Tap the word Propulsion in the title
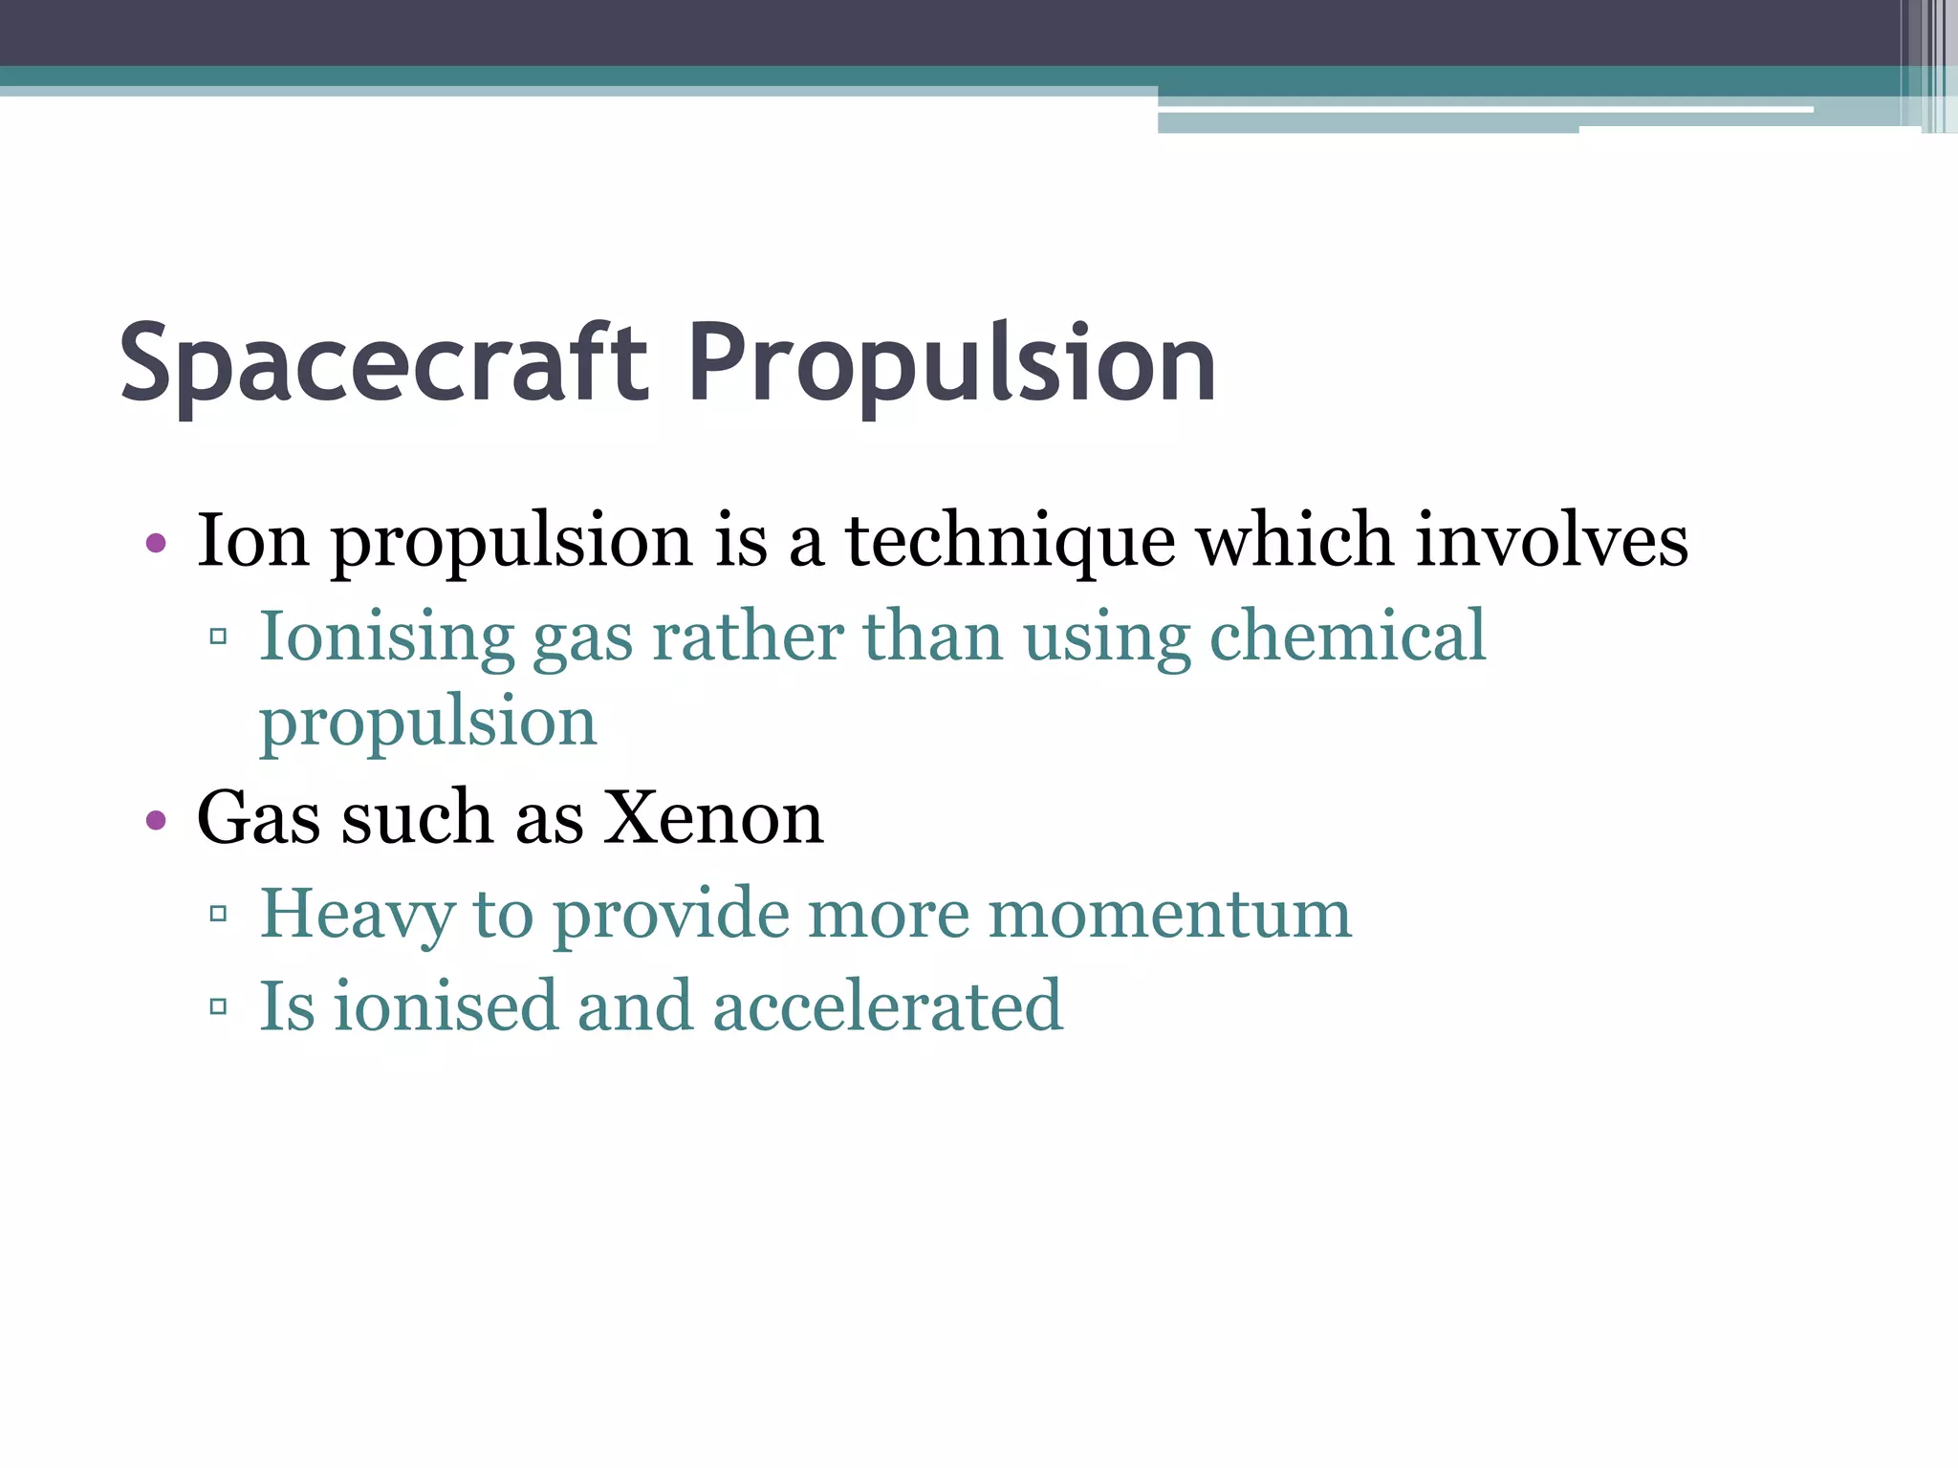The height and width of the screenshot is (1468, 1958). tap(951, 364)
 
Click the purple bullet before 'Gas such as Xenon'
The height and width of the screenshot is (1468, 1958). tap(156, 820)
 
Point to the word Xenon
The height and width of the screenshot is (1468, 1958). tap(713, 818)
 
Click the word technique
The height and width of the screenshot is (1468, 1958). tap(1010, 541)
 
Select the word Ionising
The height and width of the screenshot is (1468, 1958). tap(387, 637)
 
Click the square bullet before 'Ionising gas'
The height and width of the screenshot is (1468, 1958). tap(218, 636)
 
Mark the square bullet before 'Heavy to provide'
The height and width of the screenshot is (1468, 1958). tap(218, 914)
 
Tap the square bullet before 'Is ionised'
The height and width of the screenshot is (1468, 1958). tap(218, 1005)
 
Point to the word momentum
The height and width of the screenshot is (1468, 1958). tap(1169, 914)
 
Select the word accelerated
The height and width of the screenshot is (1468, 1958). tap(888, 1005)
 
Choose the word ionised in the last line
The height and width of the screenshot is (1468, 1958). tap(445, 1005)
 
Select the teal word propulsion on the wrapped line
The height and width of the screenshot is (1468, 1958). tap(428, 723)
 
